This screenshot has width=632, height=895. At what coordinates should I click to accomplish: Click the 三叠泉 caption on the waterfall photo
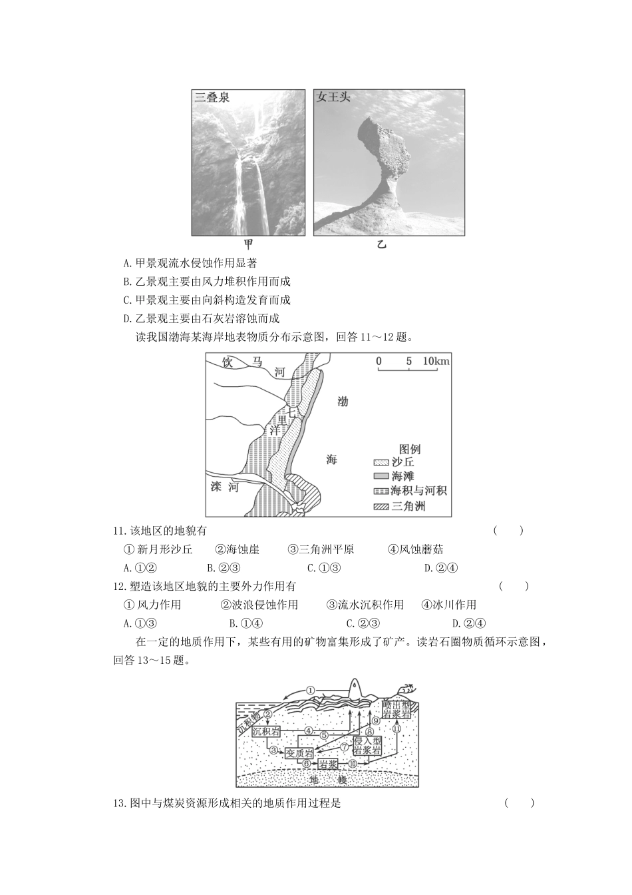click(x=212, y=97)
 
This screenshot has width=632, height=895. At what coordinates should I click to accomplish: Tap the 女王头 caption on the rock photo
click(x=333, y=97)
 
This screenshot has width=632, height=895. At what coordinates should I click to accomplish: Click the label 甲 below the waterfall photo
click(x=248, y=244)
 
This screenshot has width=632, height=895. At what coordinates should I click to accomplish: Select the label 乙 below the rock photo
click(x=381, y=244)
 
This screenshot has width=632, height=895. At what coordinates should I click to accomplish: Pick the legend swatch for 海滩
click(x=381, y=476)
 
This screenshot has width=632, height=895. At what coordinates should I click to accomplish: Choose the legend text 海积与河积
click(x=419, y=491)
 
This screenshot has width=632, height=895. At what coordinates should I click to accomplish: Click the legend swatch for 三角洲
click(x=381, y=506)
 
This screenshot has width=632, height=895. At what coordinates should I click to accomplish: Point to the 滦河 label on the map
click(x=224, y=487)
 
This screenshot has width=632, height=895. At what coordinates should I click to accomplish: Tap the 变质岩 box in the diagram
click(x=298, y=753)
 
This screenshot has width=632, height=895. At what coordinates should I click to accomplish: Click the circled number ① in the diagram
click(x=310, y=690)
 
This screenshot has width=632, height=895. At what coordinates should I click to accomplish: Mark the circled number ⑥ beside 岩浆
click(x=307, y=763)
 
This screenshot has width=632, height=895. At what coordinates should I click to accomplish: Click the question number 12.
click(x=120, y=587)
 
